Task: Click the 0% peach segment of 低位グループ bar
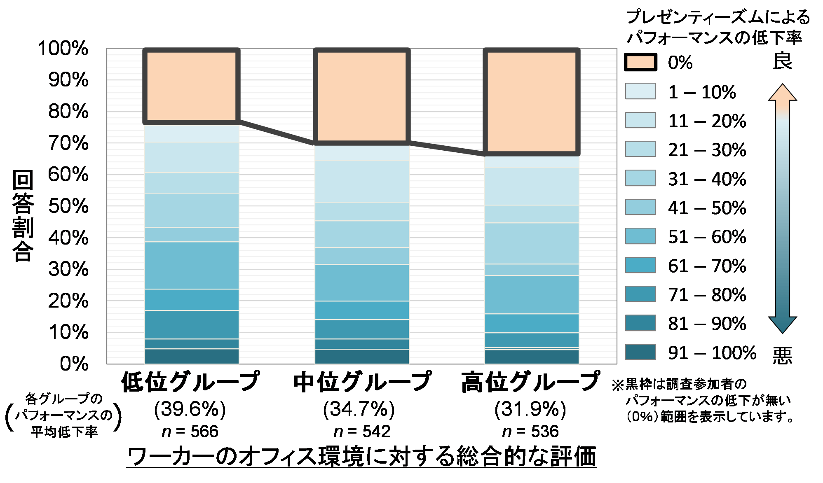coord(192,86)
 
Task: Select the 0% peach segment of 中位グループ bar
coord(362,96)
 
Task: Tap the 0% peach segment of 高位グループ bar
coord(532,102)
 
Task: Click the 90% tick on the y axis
coord(68,80)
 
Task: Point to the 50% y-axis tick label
coord(68,206)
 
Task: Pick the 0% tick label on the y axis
coord(74,364)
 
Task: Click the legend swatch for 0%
coord(640,63)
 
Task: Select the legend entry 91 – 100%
coord(712,353)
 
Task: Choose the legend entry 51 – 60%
coord(707,237)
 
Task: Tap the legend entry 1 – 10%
coord(702,92)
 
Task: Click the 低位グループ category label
coord(191,382)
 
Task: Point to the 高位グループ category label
coord(531,382)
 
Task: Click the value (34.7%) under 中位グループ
coord(359,409)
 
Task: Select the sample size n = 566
coord(190,432)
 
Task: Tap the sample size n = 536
coord(531,432)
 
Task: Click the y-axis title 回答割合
coord(23,216)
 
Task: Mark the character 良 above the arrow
coord(782,62)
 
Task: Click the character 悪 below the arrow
coord(782,355)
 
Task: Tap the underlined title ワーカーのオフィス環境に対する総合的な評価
coord(362,457)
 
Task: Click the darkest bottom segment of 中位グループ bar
coord(362,357)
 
